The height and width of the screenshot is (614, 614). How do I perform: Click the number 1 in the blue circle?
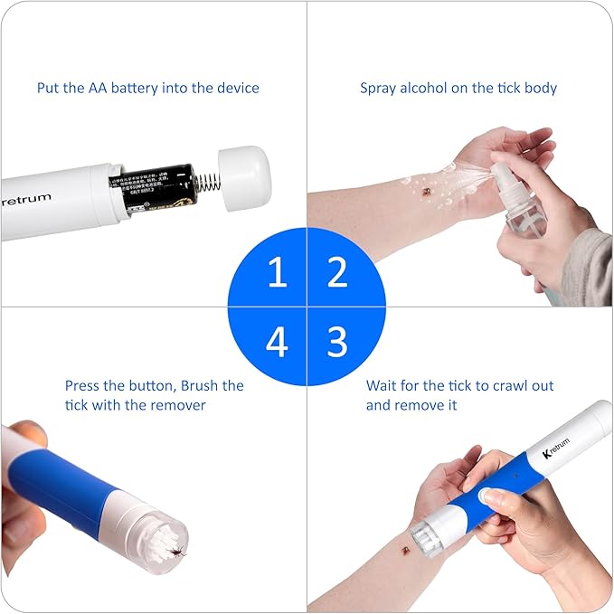pos(277,272)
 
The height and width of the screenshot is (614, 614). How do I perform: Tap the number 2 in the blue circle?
pos(337,272)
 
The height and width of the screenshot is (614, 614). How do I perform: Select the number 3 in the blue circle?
pos(337,342)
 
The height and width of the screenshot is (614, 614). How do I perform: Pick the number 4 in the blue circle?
pos(277,343)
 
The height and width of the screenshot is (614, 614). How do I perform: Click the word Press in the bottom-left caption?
pos(83,385)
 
